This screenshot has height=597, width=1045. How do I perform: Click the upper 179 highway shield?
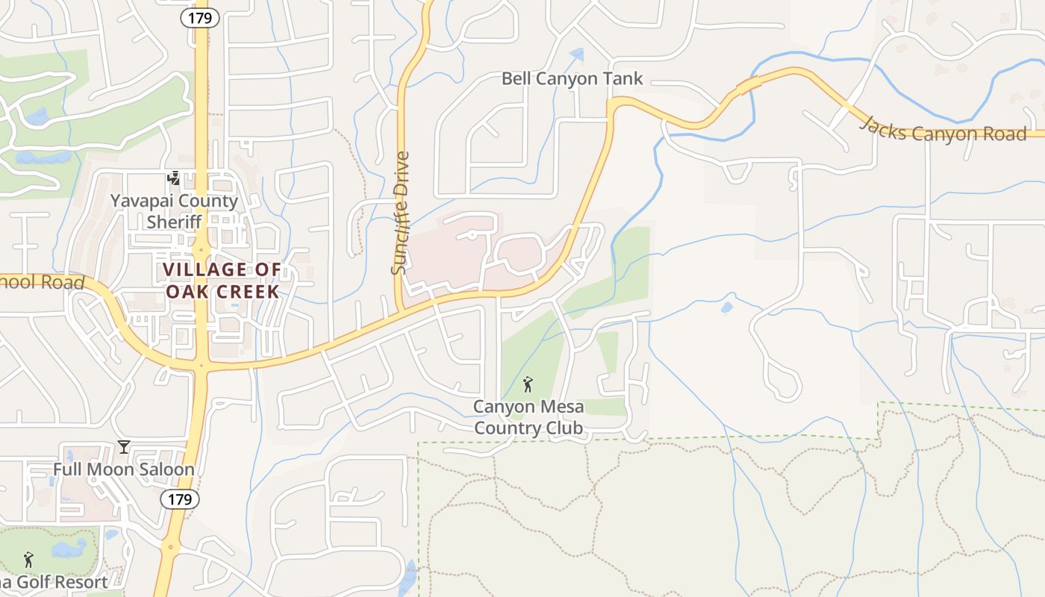pos(200,19)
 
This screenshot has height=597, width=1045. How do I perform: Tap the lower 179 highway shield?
pos(179,499)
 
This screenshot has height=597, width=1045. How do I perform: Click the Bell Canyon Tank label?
pos(572,78)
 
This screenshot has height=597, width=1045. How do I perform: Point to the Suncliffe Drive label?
pos(401,213)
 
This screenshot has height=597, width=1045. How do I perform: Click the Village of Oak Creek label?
pos(222,281)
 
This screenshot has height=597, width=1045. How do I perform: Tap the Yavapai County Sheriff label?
pos(174,211)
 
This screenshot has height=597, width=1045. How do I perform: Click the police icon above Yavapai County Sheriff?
pos(174,178)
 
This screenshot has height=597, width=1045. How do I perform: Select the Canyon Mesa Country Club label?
pos(528,417)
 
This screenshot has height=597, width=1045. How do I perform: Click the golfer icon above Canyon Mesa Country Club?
pos(528,384)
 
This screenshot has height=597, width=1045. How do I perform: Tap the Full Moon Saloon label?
pos(123,469)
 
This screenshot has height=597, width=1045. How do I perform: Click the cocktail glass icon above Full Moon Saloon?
pos(124,447)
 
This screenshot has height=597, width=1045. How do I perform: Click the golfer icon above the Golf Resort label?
pos(29,559)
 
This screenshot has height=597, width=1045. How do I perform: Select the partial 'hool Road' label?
pos(42,282)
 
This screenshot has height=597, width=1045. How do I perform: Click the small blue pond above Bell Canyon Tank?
pos(576,54)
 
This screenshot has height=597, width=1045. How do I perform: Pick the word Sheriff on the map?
pos(174,222)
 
